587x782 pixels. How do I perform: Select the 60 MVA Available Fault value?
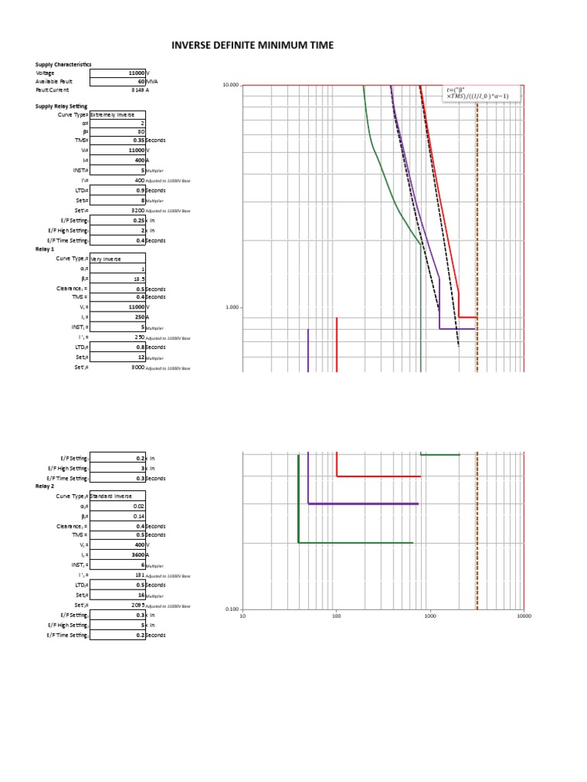pyautogui.click(x=141, y=81)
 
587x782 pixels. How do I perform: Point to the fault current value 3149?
pyautogui.click(x=138, y=89)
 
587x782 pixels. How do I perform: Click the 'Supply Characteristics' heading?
pyautogui.click(x=63, y=64)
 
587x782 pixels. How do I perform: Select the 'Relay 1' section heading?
pyautogui.click(x=45, y=250)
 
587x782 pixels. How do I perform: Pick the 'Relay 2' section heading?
pyautogui.click(x=45, y=486)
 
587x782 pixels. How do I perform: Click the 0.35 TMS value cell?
pyautogui.click(x=138, y=141)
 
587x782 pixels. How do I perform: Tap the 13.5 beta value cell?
pyautogui.click(x=138, y=279)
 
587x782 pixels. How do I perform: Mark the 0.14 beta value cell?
pyautogui.click(x=138, y=516)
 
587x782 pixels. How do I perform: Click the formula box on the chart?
pyautogui.click(x=482, y=93)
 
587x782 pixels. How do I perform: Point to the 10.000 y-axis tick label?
pyautogui.click(x=230, y=85)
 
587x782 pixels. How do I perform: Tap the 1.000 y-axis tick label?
pyautogui.click(x=232, y=308)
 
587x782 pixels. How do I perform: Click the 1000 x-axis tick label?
pyautogui.click(x=430, y=616)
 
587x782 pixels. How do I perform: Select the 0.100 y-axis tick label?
pyautogui.click(x=232, y=609)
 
